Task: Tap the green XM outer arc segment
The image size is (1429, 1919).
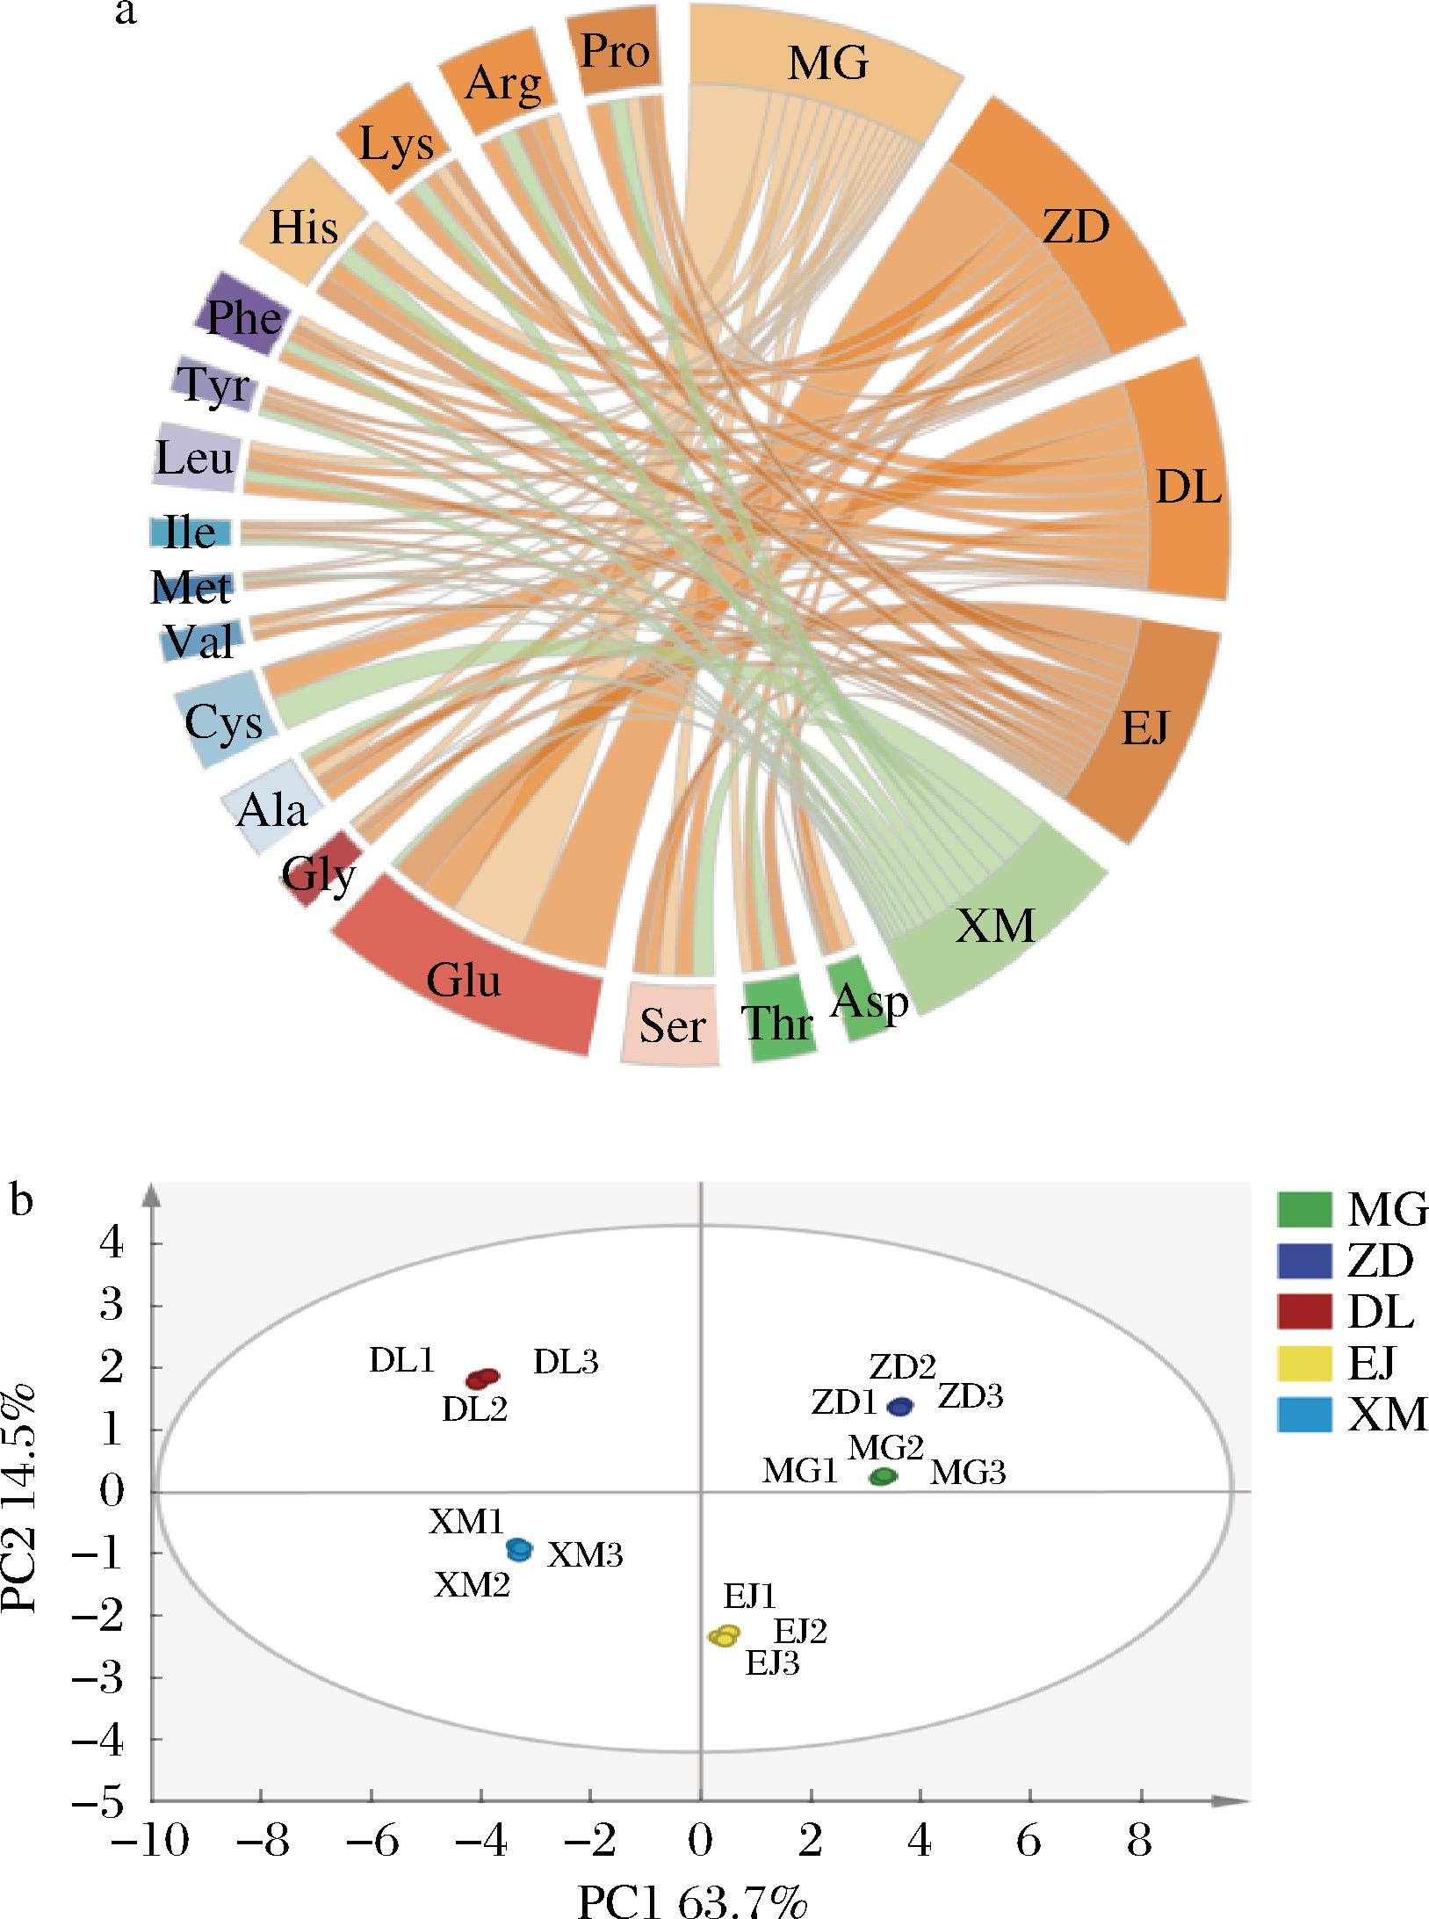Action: [996, 925]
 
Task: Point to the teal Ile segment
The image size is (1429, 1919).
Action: [191, 532]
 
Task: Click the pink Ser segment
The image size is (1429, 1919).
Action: [672, 1025]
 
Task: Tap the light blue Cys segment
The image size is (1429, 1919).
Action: [225, 720]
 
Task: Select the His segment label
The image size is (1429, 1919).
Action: [303, 227]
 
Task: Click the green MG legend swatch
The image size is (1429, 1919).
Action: [1305, 1210]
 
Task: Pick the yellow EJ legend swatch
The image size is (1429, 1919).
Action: [1305, 1364]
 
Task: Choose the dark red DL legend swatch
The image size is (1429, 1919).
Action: [1305, 1313]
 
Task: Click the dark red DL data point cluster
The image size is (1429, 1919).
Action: [482, 1378]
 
